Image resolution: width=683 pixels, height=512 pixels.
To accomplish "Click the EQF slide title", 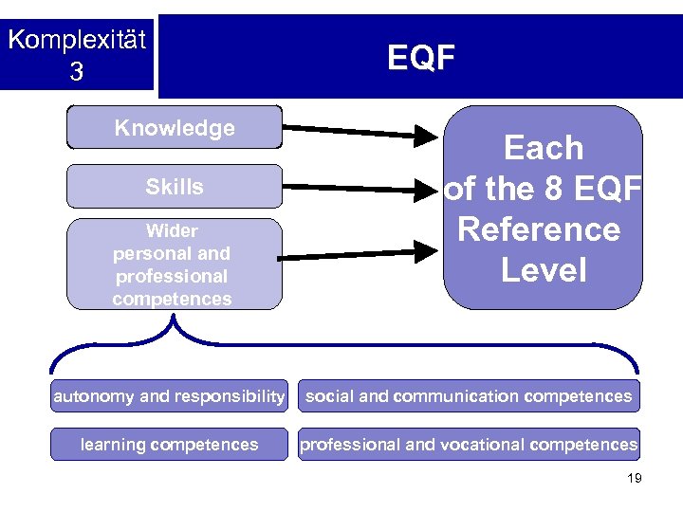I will pyautogui.click(x=421, y=58).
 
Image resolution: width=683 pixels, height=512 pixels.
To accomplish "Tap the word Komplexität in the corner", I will pyautogui.click(x=77, y=41).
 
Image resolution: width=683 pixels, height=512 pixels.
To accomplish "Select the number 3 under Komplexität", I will pyautogui.click(x=76, y=72).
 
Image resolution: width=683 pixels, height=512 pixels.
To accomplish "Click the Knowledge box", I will pyautogui.click(x=175, y=128).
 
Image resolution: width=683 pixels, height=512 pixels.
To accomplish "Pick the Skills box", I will pyautogui.click(x=175, y=187).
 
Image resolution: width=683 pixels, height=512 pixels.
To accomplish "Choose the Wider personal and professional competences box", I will pyautogui.click(x=175, y=265).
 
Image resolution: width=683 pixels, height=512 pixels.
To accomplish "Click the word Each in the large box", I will pyautogui.click(x=544, y=148).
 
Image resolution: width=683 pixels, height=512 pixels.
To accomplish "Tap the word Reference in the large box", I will pyautogui.click(x=539, y=229).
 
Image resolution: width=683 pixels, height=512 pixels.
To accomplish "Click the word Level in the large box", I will pyautogui.click(x=544, y=271).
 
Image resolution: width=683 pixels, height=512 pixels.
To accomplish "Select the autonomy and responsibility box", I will pyautogui.click(x=169, y=396).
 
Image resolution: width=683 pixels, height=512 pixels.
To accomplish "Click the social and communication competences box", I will pyautogui.click(x=469, y=396).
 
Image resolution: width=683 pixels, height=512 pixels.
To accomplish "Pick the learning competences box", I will pyautogui.click(x=169, y=444).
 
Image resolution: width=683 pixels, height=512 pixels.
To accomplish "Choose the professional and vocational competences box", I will pyautogui.click(x=469, y=444).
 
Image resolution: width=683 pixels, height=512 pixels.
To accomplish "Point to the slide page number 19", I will pyautogui.click(x=635, y=479).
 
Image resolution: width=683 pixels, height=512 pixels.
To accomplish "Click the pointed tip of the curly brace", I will pyautogui.click(x=174, y=319).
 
